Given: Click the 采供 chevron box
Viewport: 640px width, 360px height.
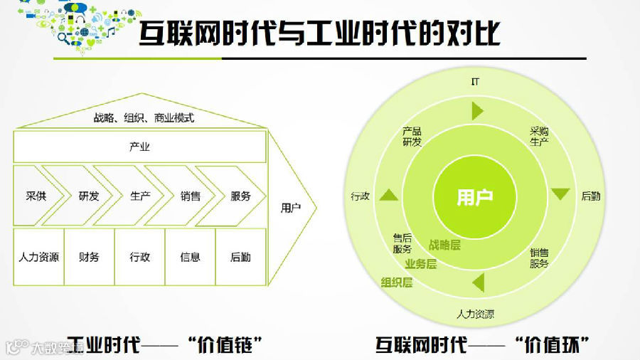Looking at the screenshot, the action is [x=36, y=196].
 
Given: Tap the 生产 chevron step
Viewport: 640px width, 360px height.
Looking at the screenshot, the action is [x=140, y=196].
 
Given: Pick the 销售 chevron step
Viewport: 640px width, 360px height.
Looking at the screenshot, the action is [x=190, y=196].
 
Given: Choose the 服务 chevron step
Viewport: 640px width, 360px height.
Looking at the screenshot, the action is [x=240, y=196].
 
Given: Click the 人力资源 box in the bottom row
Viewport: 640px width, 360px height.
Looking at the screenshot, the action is [x=38, y=257].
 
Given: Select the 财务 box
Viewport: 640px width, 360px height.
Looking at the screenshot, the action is [x=89, y=257].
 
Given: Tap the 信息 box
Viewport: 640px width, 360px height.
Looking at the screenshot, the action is [x=190, y=257].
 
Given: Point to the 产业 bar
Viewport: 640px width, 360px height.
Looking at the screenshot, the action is [x=139, y=147].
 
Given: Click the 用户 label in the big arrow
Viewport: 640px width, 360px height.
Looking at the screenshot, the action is [x=291, y=208].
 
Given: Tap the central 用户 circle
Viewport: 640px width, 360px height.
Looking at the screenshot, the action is [x=475, y=197].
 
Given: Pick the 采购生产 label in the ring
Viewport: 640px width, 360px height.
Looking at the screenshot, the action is [x=539, y=137].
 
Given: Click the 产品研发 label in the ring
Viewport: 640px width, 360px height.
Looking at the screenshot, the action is [x=412, y=137].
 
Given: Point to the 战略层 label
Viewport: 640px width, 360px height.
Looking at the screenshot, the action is [x=444, y=245].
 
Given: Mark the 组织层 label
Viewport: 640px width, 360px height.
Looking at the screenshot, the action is [x=397, y=282].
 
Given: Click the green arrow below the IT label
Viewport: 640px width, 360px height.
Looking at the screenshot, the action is [x=477, y=111].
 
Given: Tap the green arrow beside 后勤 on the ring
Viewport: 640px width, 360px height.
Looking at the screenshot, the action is [x=561, y=194].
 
